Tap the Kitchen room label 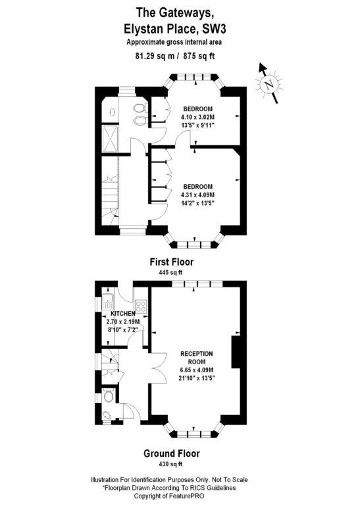tap(123, 314)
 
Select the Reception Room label tap(197, 358)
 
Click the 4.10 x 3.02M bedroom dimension tap(198, 117)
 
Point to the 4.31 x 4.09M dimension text tap(198, 195)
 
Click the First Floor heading tap(172, 262)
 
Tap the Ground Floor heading tap(172, 454)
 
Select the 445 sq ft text tap(171, 272)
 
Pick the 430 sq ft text tap(171, 464)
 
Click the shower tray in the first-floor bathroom tap(111, 138)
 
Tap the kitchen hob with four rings tap(141, 306)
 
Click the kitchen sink tap(108, 302)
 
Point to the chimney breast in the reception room tap(236, 352)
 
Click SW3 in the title tap(214, 30)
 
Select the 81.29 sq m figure tap(155, 56)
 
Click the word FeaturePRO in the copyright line tap(188, 496)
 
